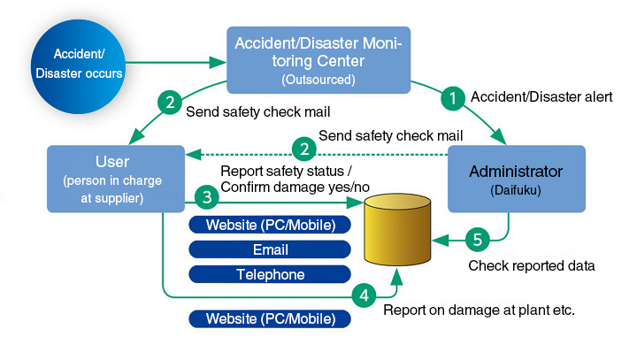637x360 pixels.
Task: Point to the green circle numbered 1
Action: coord(453,98)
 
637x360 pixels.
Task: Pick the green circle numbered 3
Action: coord(205,196)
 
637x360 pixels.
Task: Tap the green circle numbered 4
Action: coord(363,295)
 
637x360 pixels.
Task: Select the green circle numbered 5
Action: coord(477,239)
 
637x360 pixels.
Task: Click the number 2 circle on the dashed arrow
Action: coord(303,148)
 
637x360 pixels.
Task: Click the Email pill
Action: coord(270,249)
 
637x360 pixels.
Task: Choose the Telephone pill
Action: coord(270,274)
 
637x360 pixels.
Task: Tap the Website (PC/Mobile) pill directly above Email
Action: coord(270,225)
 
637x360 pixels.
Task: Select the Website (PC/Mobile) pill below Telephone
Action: coord(270,318)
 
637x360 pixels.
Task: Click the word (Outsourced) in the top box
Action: coord(318,80)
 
